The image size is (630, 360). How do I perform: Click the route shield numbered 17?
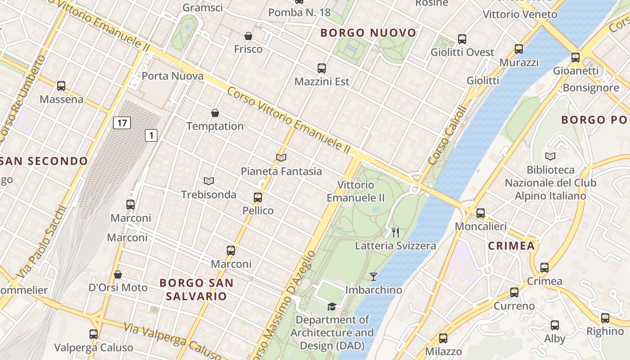point(121,122)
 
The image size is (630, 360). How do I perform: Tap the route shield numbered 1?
point(151,135)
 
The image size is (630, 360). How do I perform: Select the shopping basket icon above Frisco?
point(248,36)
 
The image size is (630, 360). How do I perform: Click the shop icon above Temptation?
point(215,112)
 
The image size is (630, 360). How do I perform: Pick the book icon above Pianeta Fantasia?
point(281,157)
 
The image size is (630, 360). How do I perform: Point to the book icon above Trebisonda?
point(208,181)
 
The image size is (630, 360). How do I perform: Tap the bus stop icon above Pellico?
point(258,197)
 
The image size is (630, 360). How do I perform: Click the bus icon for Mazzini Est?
point(322,68)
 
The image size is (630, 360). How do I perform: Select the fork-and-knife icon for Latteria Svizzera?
point(396,232)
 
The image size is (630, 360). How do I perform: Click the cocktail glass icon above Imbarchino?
point(373,276)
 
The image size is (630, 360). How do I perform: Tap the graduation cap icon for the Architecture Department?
point(332,306)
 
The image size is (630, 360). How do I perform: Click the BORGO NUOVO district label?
point(368,33)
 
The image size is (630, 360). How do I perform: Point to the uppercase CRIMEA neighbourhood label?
point(512,246)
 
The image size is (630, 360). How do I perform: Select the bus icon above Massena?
point(61,85)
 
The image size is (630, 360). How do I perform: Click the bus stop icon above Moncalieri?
point(481,213)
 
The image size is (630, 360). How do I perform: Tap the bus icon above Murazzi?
point(519,49)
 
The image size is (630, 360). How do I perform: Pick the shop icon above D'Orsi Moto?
point(118,274)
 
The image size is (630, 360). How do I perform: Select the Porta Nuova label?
point(173,76)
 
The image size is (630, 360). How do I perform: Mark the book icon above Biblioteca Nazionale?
point(550,156)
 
